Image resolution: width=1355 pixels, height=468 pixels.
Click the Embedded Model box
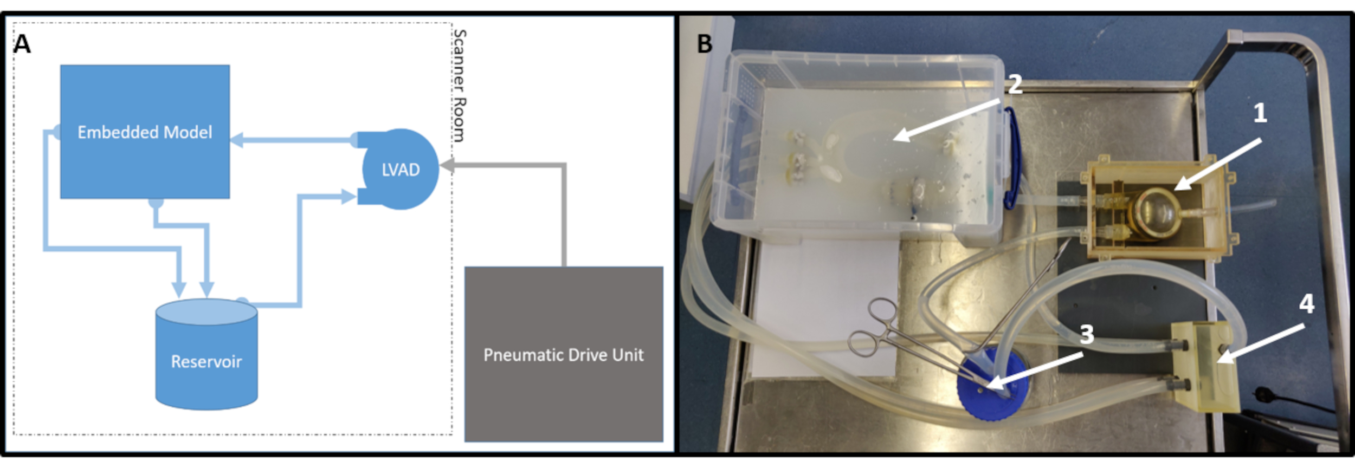click(x=145, y=132)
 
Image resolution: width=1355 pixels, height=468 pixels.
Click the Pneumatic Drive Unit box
click(x=564, y=354)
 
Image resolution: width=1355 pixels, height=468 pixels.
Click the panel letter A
click(x=22, y=44)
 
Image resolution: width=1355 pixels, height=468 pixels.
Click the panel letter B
click(x=704, y=44)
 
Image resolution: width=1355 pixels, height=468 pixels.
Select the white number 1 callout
click(x=1260, y=113)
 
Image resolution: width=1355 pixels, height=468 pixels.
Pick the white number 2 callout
click(x=1015, y=84)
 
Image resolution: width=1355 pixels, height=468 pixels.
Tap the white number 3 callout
click(x=1087, y=335)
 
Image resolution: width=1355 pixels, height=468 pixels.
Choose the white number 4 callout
click(x=1306, y=304)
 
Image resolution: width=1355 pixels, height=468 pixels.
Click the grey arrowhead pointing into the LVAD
click(x=447, y=165)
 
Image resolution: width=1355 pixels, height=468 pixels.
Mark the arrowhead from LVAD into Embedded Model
click(x=237, y=140)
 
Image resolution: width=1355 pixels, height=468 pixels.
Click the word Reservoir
click(x=207, y=361)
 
